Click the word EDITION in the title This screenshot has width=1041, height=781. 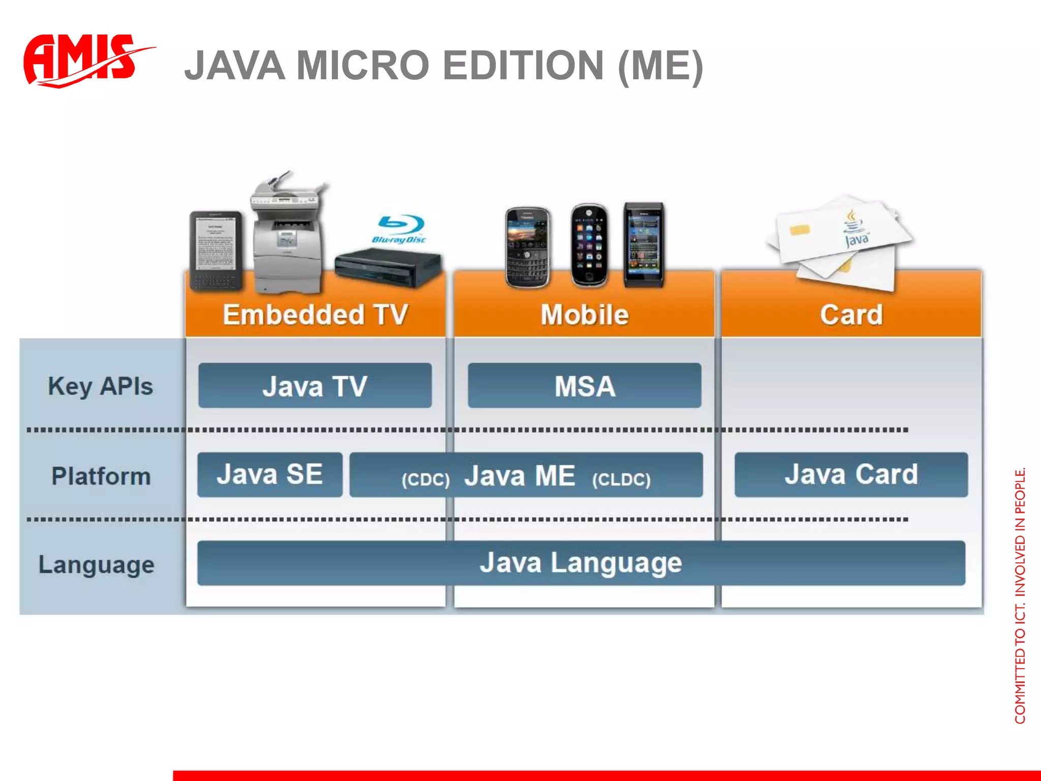[524, 66]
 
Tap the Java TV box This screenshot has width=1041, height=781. [315, 385]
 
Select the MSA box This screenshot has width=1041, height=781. [585, 385]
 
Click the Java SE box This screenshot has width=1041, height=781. [269, 474]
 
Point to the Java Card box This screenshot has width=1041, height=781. [851, 474]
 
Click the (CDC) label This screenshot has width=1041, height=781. [425, 479]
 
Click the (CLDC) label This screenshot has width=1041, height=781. [621, 479]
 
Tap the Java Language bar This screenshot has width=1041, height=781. [580, 563]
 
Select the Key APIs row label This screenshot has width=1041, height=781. [101, 386]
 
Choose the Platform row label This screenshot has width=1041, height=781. [101, 476]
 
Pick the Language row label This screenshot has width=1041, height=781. [97, 565]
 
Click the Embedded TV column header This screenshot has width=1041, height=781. [315, 314]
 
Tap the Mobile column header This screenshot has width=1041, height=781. [585, 314]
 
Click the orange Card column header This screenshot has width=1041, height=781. [851, 314]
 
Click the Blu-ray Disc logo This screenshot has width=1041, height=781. [400, 229]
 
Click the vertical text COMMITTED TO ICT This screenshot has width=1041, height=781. [1020, 661]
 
